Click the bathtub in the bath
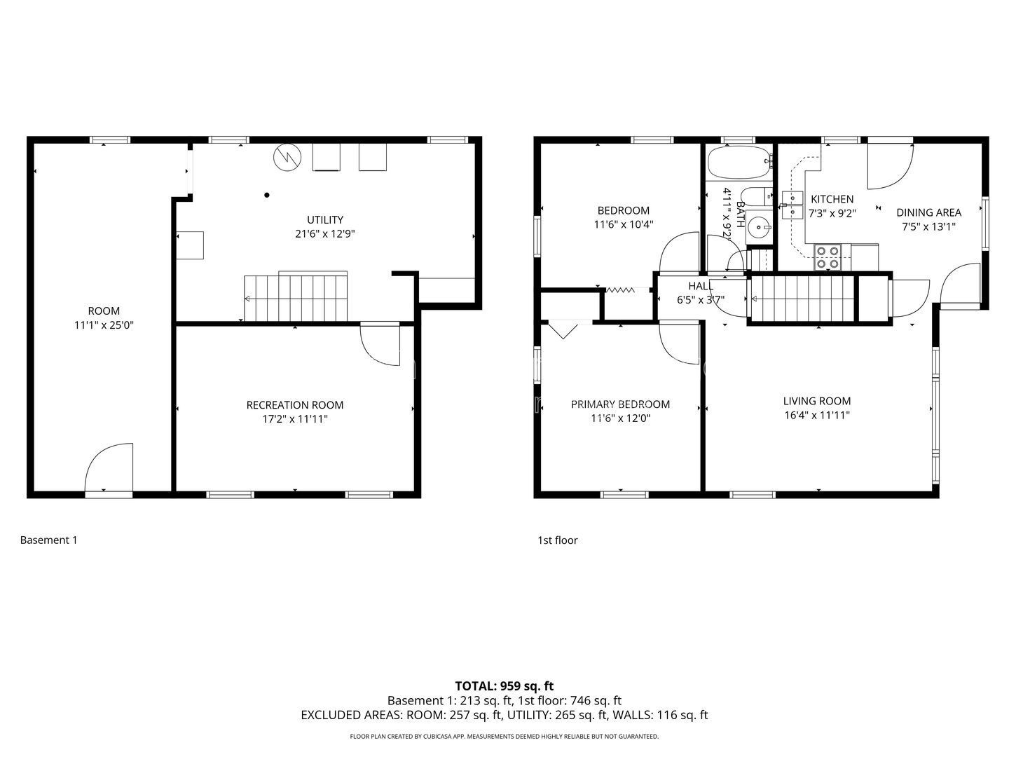coord(739,162)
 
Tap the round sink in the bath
coord(758,226)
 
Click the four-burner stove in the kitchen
coord(828,257)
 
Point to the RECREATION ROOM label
coord(295,405)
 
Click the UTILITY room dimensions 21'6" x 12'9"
coord(324,234)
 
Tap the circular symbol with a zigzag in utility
coord(287,158)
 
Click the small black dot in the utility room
coord(267,195)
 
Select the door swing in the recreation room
coord(380,345)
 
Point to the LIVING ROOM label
coord(816,401)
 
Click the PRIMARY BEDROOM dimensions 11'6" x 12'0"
coord(620,418)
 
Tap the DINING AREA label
coord(928,212)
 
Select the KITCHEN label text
coord(832,199)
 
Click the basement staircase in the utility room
coord(296,296)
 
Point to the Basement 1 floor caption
coord(49,540)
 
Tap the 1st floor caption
coord(557,540)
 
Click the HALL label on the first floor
coord(701,286)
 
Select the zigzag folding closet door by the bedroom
coord(621,290)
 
